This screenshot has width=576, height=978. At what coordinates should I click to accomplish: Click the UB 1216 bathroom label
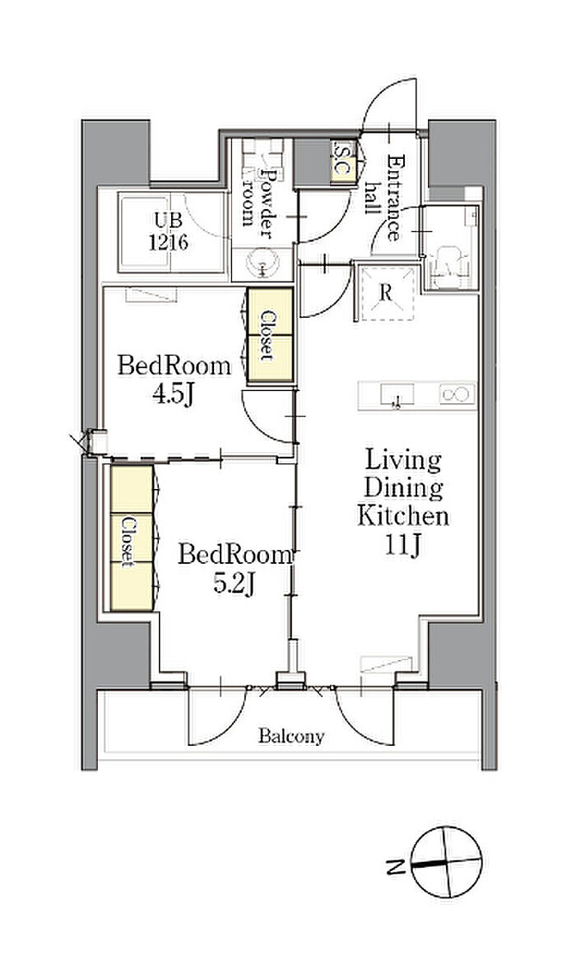click(x=169, y=231)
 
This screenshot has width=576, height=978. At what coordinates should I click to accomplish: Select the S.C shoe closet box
click(x=343, y=161)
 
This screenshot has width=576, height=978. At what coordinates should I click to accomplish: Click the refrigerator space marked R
click(x=387, y=293)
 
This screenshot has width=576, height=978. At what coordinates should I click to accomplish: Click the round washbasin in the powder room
click(x=262, y=264)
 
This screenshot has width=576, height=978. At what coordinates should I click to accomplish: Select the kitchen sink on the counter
click(x=397, y=395)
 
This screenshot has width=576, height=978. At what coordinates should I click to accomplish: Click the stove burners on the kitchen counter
click(x=457, y=394)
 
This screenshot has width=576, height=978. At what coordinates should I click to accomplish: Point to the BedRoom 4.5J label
click(x=174, y=380)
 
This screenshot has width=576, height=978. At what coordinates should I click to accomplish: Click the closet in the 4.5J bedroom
click(x=270, y=335)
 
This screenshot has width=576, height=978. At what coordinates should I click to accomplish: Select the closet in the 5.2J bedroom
click(x=132, y=538)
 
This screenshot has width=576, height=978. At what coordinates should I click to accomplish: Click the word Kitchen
click(x=402, y=516)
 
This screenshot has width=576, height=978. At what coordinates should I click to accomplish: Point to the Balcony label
click(x=291, y=737)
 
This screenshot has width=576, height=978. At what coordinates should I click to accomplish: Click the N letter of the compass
click(x=394, y=866)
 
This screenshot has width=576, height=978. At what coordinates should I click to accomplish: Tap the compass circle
click(x=447, y=862)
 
